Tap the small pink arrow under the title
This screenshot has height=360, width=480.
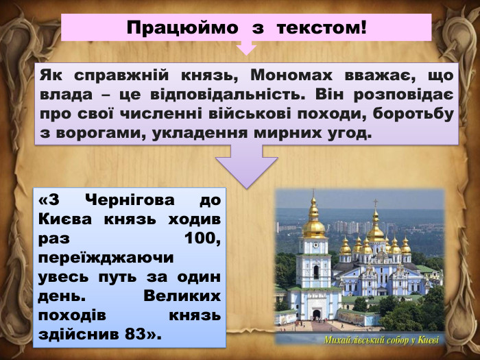[x=246, y=49]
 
